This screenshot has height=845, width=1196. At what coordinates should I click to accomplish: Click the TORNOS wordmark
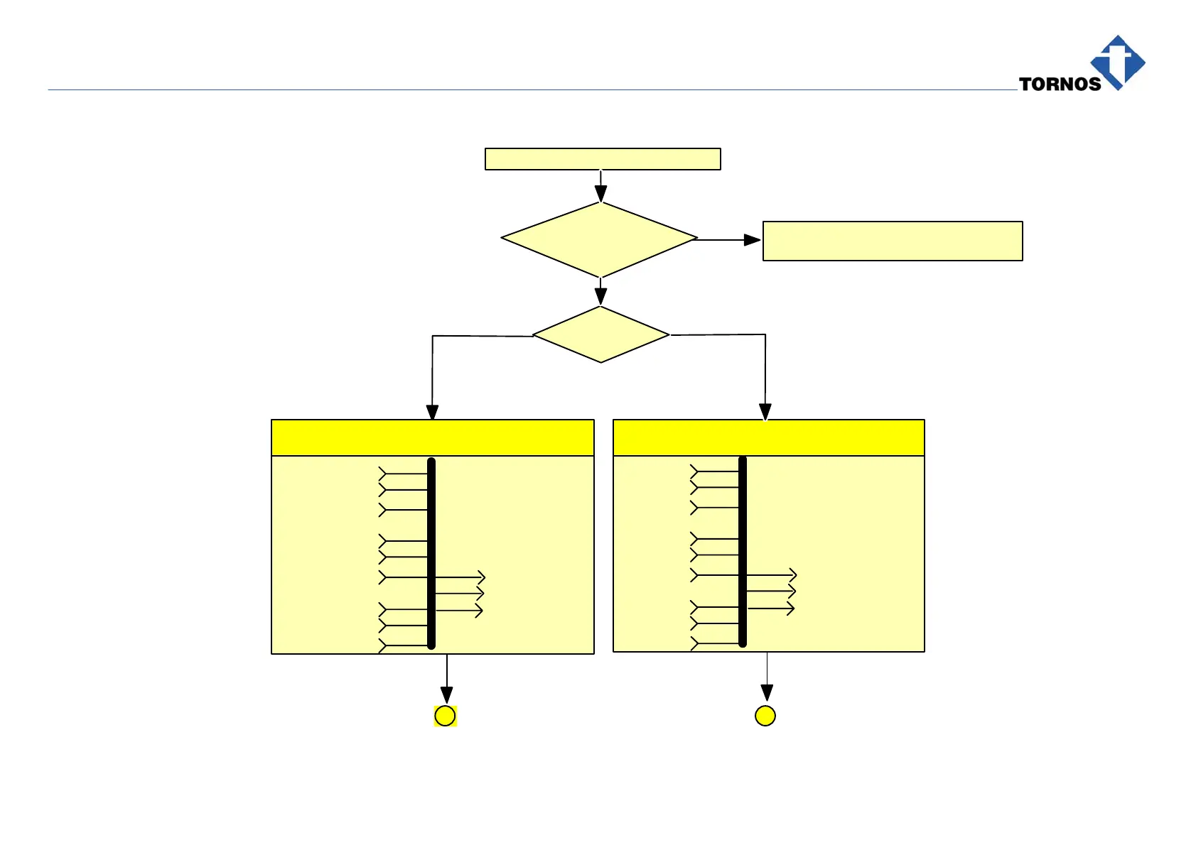[1060, 84]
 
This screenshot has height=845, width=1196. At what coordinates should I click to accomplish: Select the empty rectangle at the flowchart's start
[603, 159]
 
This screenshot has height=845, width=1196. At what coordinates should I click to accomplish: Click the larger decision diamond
[599, 239]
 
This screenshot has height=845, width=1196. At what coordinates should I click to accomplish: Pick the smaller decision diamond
[601, 334]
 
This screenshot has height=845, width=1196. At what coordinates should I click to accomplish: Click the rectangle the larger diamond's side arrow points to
[893, 241]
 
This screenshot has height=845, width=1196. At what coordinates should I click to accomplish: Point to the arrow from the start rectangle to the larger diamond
[601, 186]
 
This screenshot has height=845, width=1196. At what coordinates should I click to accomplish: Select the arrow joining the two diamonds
[601, 291]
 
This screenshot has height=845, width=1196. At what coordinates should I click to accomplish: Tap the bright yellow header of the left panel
[432, 438]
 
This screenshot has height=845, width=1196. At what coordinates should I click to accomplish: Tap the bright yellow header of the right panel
[768, 438]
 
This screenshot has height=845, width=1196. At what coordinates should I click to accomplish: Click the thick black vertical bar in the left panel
[431, 554]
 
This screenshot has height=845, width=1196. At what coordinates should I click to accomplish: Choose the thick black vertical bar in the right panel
[743, 552]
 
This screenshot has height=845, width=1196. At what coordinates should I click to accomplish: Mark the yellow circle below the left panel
[445, 716]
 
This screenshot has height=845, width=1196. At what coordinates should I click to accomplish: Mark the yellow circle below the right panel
[765, 716]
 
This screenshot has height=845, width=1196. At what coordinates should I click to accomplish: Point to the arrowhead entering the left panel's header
[432, 413]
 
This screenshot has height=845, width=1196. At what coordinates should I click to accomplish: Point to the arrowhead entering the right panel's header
[765, 412]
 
